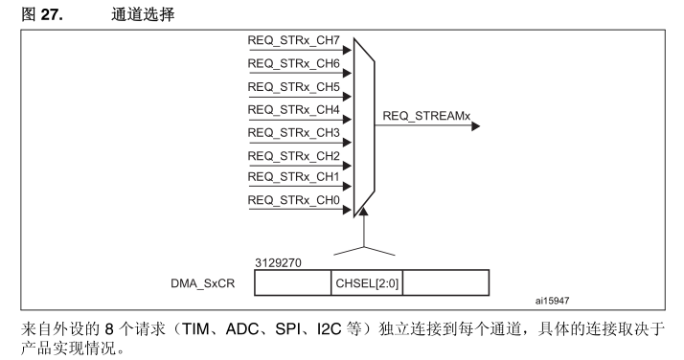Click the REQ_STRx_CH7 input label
pyautogui.click(x=293, y=42)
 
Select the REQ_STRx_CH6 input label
pyautogui.click(x=293, y=65)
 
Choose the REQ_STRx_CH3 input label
pyautogui.click(x=293, y=132)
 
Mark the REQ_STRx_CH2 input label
pyautogui.click(x=293, y=155)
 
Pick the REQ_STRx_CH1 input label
pyautogui.click(x=293, y=177)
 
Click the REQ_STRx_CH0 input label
pyautogui.click(x=293, y=200)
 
